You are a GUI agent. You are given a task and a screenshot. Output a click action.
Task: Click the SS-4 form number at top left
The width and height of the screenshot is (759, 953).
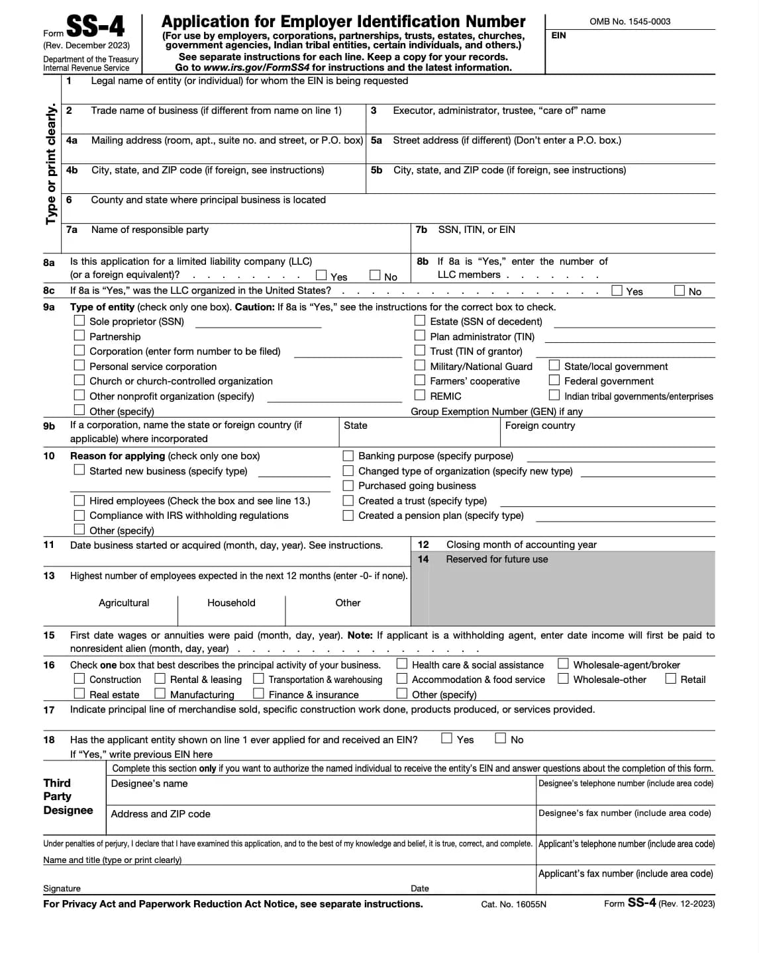click(x=95, y=26)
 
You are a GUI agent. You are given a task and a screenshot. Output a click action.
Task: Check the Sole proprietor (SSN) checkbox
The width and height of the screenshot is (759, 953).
click(x=79, y=321)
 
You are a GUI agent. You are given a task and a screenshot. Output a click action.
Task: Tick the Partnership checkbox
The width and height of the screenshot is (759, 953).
click(x=79, y=336)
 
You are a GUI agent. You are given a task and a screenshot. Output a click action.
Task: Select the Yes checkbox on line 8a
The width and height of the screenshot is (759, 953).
click(x=321, y=275)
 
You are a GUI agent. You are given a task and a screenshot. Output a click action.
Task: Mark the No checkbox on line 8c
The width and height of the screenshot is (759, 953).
click(x=680, y=291)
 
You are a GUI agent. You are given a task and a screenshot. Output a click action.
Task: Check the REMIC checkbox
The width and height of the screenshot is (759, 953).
click(x=420, y=395)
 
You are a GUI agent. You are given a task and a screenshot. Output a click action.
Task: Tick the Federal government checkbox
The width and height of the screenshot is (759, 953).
click(x=554, y=381)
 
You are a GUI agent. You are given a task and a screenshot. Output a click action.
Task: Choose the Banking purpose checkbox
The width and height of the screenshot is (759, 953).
click(x=348, y=455)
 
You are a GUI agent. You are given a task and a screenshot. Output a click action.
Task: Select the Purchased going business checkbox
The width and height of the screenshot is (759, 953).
click(x=348, y=485)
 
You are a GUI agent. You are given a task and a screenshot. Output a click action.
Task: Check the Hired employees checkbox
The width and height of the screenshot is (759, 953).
click(x=79, y=500)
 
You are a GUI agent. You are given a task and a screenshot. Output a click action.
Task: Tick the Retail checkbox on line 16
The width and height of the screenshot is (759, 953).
click(x=671, y=678)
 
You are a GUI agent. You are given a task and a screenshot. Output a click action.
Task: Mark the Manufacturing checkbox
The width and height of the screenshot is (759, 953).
click(x=160, y=694)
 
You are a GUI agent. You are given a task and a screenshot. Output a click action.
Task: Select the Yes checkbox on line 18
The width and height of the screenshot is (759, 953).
click(x=447, y=738)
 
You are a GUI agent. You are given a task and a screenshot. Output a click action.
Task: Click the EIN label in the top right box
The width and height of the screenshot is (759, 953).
click(x=558, y=35)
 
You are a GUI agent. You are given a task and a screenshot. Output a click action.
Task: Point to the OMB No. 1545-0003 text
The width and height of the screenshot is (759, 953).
click(x=629, y=21)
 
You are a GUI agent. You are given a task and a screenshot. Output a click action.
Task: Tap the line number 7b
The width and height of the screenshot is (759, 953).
click(x=421, y=230)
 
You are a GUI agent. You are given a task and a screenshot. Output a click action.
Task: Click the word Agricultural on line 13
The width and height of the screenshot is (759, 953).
click(x=124, y=603)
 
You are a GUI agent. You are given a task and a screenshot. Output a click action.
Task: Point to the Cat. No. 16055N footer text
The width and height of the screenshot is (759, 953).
click(x=513, y=904)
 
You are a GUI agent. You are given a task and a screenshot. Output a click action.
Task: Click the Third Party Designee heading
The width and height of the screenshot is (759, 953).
click(x=68, y=797)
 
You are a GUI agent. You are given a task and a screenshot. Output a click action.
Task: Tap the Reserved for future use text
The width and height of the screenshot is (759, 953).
click(x=497, y=559)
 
